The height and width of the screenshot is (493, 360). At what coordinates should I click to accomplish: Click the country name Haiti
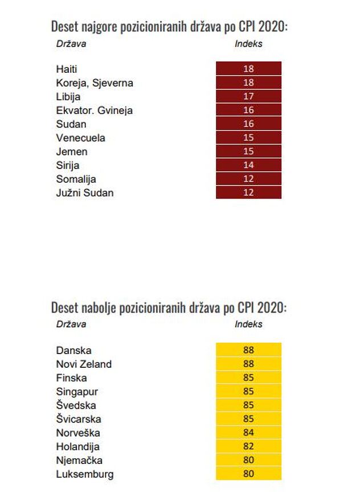(67, 69)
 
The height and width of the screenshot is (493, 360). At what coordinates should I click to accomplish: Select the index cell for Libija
(248, 96)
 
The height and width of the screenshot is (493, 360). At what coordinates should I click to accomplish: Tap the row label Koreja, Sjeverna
(95, 83)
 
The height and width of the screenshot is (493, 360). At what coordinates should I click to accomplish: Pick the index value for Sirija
(248, 165)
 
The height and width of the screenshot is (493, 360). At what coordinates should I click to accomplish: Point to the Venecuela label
(80, 138)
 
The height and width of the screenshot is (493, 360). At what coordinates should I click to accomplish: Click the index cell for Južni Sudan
(248, 192)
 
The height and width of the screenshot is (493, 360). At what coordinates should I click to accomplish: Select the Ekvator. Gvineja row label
(94, 110)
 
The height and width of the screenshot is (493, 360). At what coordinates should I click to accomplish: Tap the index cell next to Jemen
(248, 151)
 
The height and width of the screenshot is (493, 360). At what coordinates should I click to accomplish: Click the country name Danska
(73, 350)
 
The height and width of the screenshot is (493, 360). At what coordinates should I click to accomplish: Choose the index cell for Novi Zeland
(248, 364)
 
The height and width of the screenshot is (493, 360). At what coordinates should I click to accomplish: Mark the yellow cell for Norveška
(248, 432)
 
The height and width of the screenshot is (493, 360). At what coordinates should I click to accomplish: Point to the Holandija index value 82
(248, 446)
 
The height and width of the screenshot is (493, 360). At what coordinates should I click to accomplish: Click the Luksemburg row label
(85, 474)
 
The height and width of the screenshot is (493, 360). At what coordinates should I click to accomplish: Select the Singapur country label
(77, 392)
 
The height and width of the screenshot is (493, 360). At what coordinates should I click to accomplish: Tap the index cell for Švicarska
(248, 418)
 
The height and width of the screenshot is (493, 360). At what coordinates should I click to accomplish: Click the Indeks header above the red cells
(248, 44)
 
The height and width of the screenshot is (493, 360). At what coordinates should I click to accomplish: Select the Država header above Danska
(71, 324)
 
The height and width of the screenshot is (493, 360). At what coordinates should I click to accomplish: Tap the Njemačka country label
(79, 461)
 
